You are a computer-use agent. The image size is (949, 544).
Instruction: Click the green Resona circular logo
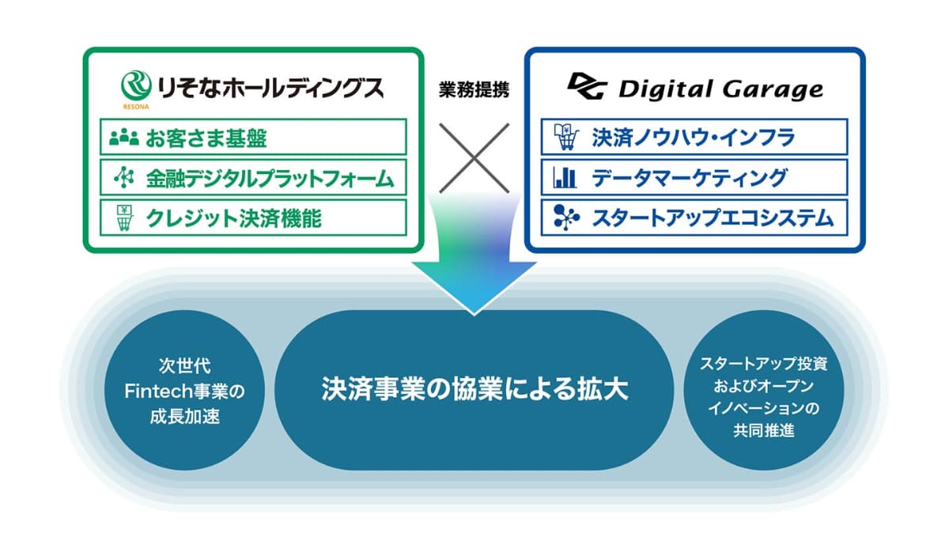(136, 85)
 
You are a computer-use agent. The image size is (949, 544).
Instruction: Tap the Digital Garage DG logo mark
(587, 86)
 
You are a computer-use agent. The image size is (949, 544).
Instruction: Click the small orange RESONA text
(136, 107)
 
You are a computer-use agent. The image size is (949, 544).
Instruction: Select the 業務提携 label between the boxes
(474, 89)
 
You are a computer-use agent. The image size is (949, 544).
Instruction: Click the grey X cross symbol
(474, 158)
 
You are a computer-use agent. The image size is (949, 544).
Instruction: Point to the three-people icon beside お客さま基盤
(123, 138)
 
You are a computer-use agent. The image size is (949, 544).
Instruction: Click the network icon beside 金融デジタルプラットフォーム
(124, 177)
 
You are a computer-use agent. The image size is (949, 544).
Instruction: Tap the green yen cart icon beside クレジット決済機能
(125, 217)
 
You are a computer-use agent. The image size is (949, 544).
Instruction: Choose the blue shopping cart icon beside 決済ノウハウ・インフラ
(566, 137)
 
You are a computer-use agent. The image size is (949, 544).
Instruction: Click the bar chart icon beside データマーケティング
(565, 178)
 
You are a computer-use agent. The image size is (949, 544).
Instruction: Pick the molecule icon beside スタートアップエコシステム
(566, 217)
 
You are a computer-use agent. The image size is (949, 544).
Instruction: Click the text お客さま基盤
(206, 138)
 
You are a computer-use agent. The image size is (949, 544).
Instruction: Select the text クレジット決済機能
(233, 218)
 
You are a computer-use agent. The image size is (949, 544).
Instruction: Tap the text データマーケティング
(690, 178)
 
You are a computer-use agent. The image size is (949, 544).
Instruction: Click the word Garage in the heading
(773, 89)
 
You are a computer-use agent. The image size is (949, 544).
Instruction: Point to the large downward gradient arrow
(474, 254)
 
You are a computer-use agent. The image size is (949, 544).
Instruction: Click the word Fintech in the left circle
(153, 391)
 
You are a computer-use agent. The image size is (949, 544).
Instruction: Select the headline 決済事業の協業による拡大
(475, 388)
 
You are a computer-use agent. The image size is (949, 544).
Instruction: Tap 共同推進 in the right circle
(764, 431)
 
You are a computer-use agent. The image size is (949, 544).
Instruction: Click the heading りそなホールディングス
(270, 88)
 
